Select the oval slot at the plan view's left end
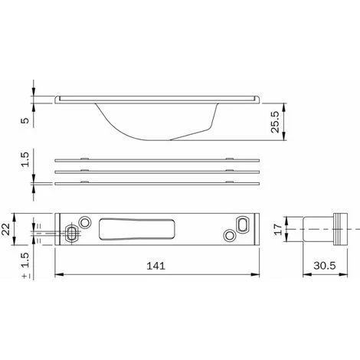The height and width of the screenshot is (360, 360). coord(72,232)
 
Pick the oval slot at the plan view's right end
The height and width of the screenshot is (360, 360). coord(243,223)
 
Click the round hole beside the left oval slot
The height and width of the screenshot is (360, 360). coord(86,222)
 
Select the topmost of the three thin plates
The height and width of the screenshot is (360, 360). coord(158,161)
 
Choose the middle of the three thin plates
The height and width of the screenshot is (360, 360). coord(158,172)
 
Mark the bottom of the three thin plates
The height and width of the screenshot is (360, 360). coord(158,183)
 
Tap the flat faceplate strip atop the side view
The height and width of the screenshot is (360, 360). coord(158,98)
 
